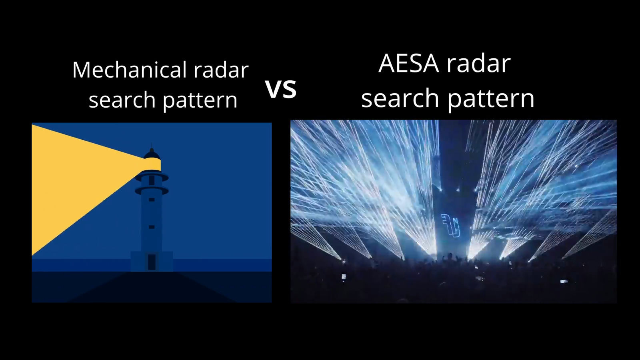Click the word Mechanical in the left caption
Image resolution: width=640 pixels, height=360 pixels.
point(130,70)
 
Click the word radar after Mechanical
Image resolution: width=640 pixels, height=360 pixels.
point(221,70)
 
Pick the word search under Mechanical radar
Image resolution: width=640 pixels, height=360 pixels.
point(122,100)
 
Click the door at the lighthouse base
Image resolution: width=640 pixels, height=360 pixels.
point(152,262)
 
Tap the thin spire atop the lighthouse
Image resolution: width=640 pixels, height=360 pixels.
point(152,145)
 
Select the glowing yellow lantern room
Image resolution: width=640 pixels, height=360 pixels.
point(152,164)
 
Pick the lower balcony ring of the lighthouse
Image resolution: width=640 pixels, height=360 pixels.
point(152,190)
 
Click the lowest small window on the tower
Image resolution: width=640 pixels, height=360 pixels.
point(152,227)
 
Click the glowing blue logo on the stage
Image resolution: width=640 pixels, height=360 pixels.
point(451,226)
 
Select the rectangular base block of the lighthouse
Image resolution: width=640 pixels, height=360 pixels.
point(152,262)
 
